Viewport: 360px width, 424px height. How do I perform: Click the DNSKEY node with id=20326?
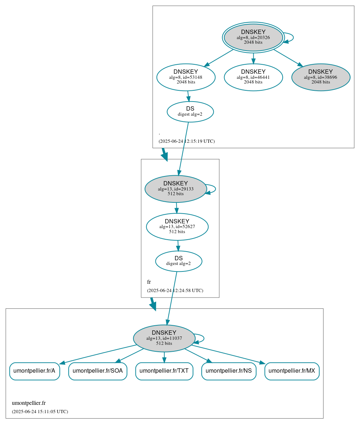click(253, 37)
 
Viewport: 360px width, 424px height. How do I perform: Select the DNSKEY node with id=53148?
click(186, 77)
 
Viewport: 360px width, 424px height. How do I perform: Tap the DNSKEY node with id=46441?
click(253, 77)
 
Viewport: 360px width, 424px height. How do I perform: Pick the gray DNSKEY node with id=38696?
click(321, 77)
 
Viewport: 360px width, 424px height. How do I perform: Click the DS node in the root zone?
click(190, 111)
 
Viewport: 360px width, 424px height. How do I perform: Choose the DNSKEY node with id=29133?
click(176, 189)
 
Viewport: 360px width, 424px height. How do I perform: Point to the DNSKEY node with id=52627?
click(177, 227)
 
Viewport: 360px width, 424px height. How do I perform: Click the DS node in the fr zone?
click(179, 261)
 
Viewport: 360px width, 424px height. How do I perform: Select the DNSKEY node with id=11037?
click(164, 338)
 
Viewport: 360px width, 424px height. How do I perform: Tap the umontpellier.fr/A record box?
click(34, 371)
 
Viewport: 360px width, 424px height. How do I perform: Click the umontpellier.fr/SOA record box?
click(98, 371)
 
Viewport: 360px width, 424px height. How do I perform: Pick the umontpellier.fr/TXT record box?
click(164, 371)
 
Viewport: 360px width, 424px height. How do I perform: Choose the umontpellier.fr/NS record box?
click(229, 371)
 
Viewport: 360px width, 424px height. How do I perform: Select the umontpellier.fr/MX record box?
click(292, 371)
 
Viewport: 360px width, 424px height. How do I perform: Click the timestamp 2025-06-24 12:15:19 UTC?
click(187, 141)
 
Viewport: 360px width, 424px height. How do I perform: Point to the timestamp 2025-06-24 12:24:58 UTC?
click(175, 291)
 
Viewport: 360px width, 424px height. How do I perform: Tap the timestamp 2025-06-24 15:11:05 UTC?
click(40, 412)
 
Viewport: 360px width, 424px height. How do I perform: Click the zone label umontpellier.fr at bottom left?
click(29, 403)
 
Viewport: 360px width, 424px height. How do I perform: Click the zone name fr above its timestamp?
click(149, 282)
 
